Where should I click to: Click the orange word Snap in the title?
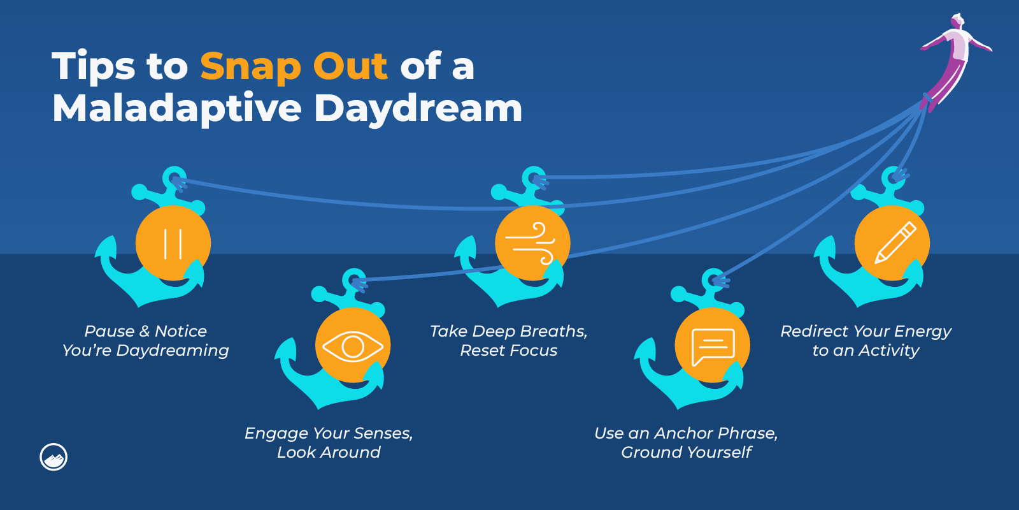click(x=250, y=68)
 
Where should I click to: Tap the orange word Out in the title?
click(x=350, y=66)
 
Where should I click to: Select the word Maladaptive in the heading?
click(x=177, y=109)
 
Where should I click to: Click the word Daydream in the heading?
click(x=418, y=109)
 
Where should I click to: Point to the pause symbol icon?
click(x=173, y=244)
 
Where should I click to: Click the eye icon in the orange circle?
click(x=353, y=346)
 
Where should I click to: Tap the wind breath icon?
click(x=531, y=243)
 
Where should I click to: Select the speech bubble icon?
click(x=713, y=347)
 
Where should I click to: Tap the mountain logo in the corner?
click(x=53, y=456)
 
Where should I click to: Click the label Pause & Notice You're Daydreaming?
click(x=146, y=340)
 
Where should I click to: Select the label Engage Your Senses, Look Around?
click(x=329, y=442)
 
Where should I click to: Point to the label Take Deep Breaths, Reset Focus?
click(x=509, y=340)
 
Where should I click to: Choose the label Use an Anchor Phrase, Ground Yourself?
click(x=686, y=442)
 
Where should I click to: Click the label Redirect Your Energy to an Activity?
click(x=866, y=340)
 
